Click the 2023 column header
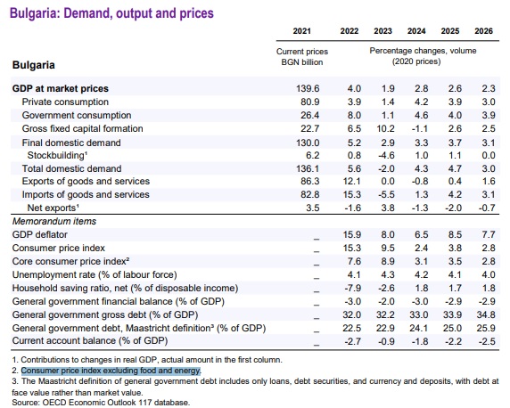point(382,31)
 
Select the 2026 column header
point(483,31)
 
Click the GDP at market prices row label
point(61,88)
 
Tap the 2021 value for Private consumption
point(310,102)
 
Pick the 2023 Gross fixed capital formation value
point(385,128)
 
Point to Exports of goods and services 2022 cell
point(352,181)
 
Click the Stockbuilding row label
point(57,155)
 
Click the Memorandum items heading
point(54,221)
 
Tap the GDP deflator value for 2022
point(352,234)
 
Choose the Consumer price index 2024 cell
point(421,248)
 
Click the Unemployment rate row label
point(95,274)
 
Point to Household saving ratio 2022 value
point(353,288)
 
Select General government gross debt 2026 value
point(486,314)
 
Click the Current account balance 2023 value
point(386,341)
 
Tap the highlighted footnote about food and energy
point(111,371)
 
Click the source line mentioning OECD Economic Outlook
point(101,403)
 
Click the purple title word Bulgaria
point(35,13)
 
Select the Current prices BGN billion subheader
point(302,57)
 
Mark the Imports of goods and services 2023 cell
point(386,194)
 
